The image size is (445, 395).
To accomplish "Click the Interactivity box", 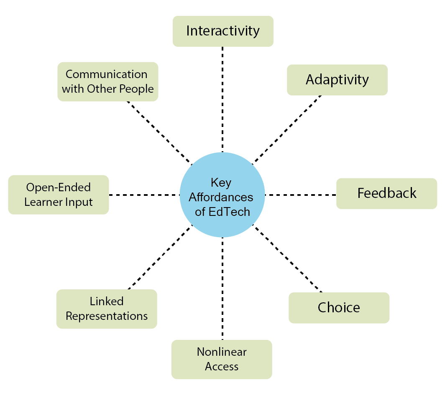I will coord(223,31).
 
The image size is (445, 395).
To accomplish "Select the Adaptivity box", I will coord(337,80).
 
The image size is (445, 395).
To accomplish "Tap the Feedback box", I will coord(386,193).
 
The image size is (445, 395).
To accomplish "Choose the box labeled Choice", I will coord(339,308).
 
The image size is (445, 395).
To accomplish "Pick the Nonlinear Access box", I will coord(222,359).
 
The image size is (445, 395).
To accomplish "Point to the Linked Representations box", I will coord(107,309).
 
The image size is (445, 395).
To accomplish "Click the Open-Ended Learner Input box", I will coord(59,195).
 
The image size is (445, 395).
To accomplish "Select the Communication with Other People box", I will coord(108,81).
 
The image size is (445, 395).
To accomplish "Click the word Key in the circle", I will coord(221,182).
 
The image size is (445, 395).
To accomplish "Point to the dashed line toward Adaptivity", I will coord(287,129).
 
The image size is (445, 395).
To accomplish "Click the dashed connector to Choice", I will coord(289,259).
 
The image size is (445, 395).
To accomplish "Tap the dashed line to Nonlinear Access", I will coord(222,288).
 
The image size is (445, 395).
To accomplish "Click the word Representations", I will coord(107,316).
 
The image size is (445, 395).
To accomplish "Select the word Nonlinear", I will coord(222,352).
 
